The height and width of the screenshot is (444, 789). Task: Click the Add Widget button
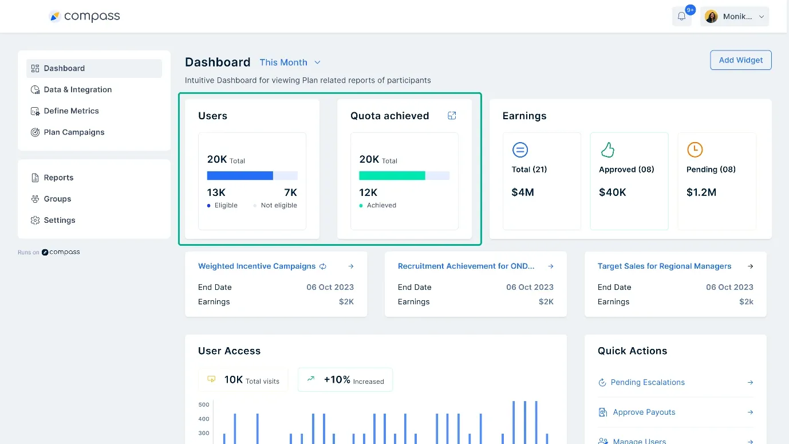pyautogui.click(x=740, y=60)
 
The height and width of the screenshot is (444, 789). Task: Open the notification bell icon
pyautogui.click(x=681, y=17)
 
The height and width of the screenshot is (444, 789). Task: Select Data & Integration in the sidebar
pyautogui.click(x=77, y=89)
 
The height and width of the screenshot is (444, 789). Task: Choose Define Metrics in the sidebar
pyautogui.click(x=71, y=111)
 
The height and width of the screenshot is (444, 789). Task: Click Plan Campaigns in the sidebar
pyautogui.click(x=74, y=132)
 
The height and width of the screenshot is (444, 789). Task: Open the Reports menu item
pyautogui.click(x=58, y=178)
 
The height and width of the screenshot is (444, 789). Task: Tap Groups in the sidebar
pyautogui.click(x=57, y=199)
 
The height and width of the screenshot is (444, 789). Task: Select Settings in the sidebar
pyautogui.click(x=59, y=220)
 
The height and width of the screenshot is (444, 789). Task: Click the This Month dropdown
pyautogui.click(x=290, y=62)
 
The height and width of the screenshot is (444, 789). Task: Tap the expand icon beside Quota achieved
pyautogui.click(x=452, y=116)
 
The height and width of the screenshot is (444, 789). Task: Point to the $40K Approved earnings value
pyautogui.click(x=612, y=192)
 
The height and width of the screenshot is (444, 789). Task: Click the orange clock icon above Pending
pyautogui.click(x=695, y=150)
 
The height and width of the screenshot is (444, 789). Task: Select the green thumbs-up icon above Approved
pyautogui.click(x=607, y=150)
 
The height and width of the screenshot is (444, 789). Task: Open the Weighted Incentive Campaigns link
pyautogui.click(x=257, y=266)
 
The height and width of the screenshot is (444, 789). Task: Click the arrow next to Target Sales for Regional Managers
pyautogui.click(x=751, y=266)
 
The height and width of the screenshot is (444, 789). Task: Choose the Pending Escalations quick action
pyautogui.click(x=647, y=382)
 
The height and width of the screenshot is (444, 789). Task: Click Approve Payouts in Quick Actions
pyautogui.click(x=644, y=412)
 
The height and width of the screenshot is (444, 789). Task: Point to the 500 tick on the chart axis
pyautogui.click(x=204, y=404)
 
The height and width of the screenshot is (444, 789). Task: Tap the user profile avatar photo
pyautogui.click(x=711, y=17)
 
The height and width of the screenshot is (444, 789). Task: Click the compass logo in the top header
pyautogui.click(x=85, y=17)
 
